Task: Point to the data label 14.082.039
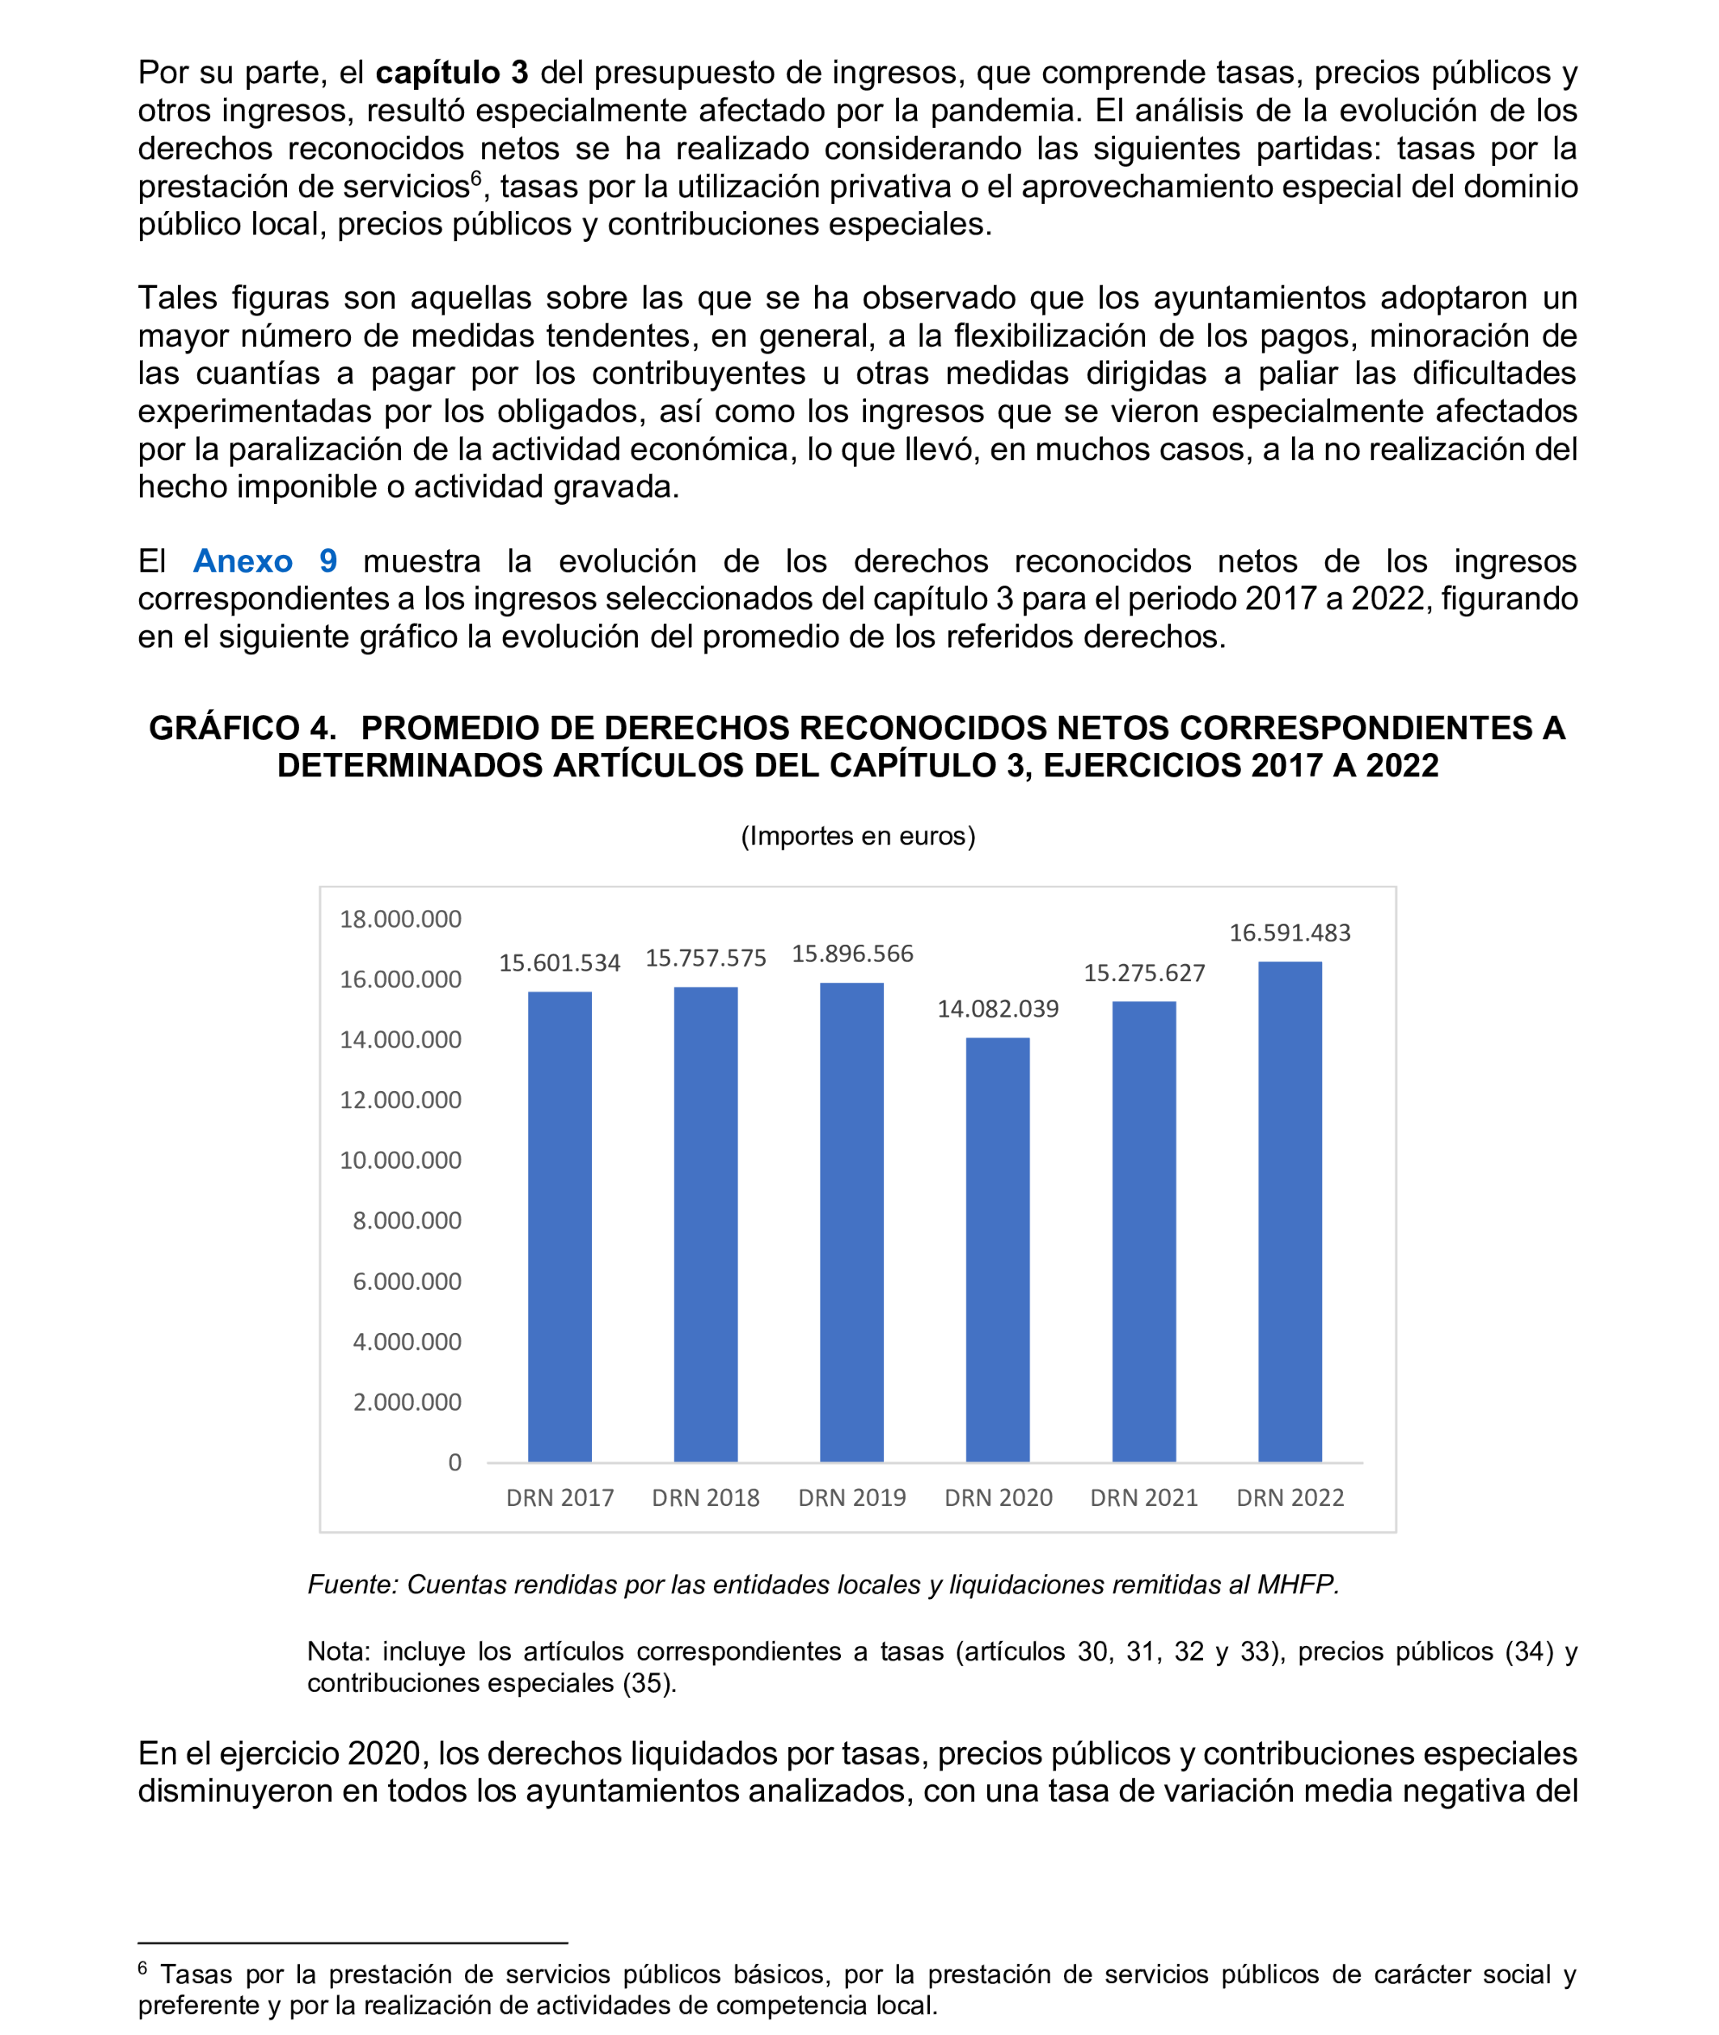[x=997, y=1009]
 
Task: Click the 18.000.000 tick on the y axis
[x=399, y=919]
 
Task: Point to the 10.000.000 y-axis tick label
[x=399, y=1160]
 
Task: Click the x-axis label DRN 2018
[x=706, y=1498]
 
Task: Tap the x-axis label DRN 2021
[x=1143, y=1498]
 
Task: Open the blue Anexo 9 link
[x=265, y=561]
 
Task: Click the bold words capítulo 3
[x=451, y=73]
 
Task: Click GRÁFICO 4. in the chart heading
[x=242, y=728]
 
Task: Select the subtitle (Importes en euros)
[x=858, y=836]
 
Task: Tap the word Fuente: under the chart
[x=353, y=1584]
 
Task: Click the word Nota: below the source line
[x=338, y=1652]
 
